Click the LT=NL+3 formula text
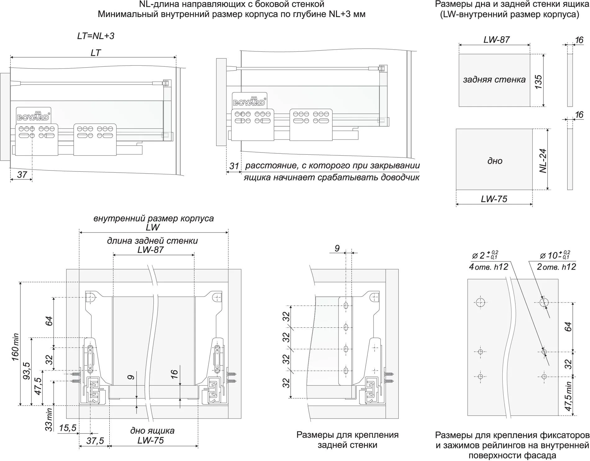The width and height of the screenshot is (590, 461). pos(96,36)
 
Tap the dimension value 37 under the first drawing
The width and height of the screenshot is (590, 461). pos(22,175)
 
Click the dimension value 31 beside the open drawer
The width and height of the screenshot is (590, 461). pos(234,166)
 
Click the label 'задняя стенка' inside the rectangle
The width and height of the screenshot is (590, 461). pos(494,80)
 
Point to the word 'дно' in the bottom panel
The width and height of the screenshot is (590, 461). pos(495,161)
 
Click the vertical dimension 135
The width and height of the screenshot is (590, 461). pos(538,82)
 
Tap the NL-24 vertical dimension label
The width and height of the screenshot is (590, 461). pos(542,161)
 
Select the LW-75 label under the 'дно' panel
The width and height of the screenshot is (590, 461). pos(494,199)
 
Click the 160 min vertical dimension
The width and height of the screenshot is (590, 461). pos(16,347)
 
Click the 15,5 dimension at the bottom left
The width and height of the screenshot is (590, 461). pos(67,428)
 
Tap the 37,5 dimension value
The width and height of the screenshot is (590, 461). pos(95,441)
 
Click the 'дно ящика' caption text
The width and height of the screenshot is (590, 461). pos(152,431)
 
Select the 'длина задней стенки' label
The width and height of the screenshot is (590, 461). pos(152,241)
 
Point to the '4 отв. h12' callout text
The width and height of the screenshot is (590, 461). pos(488,267)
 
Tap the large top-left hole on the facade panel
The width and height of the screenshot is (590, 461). pos(480,302)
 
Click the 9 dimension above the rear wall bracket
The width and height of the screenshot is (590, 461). pos(337,248)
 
